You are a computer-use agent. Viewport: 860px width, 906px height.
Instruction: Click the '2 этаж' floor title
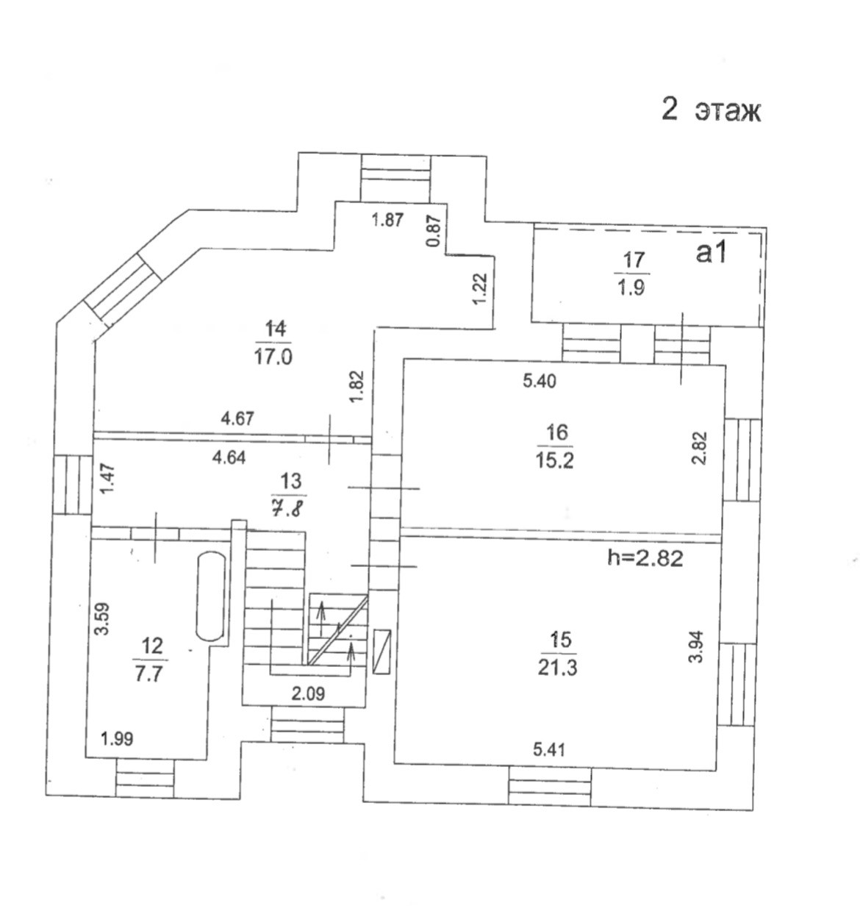pyautogui.click(x=711, y=111)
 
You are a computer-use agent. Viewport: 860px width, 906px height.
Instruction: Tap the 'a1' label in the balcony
pyautogui.click(x=711, y=253)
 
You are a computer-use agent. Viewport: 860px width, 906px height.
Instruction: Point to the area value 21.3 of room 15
pyautogui.click(x=560, y=668)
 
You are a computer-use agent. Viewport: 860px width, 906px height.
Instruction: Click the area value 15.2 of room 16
pyautogui.click(x=556, y=460)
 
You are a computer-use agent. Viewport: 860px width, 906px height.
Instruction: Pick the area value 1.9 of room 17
pyautogui.click(x=631, y=288)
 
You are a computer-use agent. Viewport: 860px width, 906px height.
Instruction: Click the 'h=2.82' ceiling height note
pyautogui.click(x=645, y=558)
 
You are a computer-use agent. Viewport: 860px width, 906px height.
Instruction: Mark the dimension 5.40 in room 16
pyautogui.click(x=540, y=381)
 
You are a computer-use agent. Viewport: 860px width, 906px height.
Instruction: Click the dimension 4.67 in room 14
pyautogui.click(x=237, y=418)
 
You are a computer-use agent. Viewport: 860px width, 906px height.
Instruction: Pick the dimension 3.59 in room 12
pyautogui.click(x=103, y=619)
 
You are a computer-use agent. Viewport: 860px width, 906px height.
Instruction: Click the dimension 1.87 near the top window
pyautogui.click(x=387, y=219)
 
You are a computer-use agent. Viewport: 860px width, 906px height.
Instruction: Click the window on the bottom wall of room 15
pyautogui.click(x=551, y=787)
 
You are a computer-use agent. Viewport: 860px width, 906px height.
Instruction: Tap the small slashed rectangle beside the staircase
pyautogui.click(x=382, y=652)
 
